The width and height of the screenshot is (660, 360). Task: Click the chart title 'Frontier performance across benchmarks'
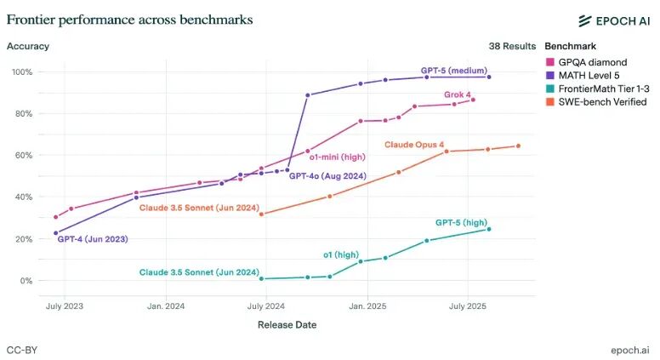coord(129,19)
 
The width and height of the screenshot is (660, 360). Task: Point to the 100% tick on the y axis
coord(21,71)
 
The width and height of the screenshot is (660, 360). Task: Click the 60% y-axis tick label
coord(23,155)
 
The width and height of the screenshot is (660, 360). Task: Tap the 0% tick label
coord(26,281)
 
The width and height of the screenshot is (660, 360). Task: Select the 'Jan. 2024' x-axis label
coord(166,306)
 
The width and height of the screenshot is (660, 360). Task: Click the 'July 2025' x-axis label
coord(467,306)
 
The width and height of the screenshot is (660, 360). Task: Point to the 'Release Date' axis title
coord(287,324)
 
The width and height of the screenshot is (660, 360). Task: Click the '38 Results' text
coord(512,46)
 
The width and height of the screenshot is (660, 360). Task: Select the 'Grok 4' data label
coord(458,94)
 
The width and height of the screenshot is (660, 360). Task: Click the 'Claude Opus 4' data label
coord(414,145)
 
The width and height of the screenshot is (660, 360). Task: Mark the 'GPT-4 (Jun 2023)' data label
coord(93,240)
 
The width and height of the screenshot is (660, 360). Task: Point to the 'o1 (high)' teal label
coord(341,254)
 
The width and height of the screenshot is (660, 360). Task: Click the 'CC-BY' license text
coord(22,350)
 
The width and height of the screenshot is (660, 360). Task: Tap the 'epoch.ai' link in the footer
coord(630,350)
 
